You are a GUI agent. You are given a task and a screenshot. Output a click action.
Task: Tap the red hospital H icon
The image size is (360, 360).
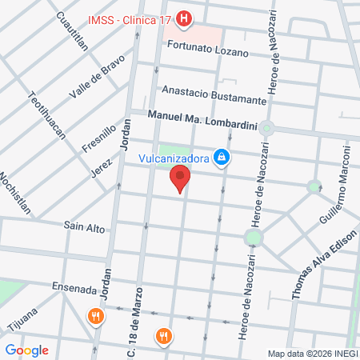[185, 18]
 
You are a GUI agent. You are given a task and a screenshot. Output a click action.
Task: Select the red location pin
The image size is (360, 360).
[182, 179]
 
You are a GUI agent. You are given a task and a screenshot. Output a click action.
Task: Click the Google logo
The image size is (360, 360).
[27, 350]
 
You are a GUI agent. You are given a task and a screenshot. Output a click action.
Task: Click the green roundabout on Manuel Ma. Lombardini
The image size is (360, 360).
[267, 128]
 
